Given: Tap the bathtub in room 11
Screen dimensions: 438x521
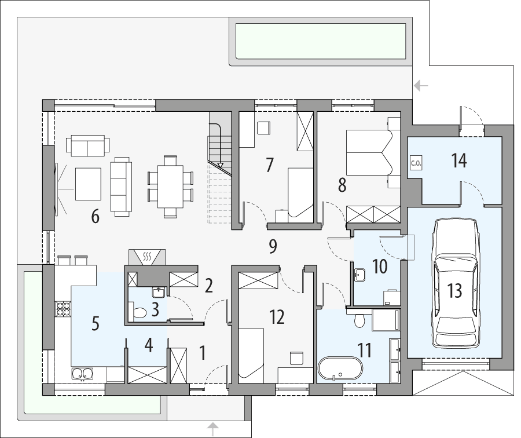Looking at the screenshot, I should [340, 368].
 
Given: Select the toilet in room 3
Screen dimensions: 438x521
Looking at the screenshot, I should [139, 313].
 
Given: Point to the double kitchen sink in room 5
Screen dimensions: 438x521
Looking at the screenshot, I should [81, 373].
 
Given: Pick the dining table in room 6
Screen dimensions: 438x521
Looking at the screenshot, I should [170, 187].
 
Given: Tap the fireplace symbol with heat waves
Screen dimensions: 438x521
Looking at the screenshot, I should [146, 255].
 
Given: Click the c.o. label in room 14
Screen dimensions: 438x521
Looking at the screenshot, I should [416, 163].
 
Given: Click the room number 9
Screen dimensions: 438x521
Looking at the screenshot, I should [273, 246].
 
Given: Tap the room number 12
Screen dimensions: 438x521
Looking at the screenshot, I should [277, 316].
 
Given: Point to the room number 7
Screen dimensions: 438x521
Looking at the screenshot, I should [269, 165].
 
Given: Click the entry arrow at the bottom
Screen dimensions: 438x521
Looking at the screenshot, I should [214, 429].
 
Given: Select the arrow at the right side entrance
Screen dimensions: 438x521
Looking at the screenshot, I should [421, 86].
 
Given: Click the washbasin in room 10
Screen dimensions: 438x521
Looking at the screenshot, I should [360, 273].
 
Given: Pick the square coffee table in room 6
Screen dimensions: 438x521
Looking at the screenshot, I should [88, 184].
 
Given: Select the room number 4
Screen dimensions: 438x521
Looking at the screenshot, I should [149, 346].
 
